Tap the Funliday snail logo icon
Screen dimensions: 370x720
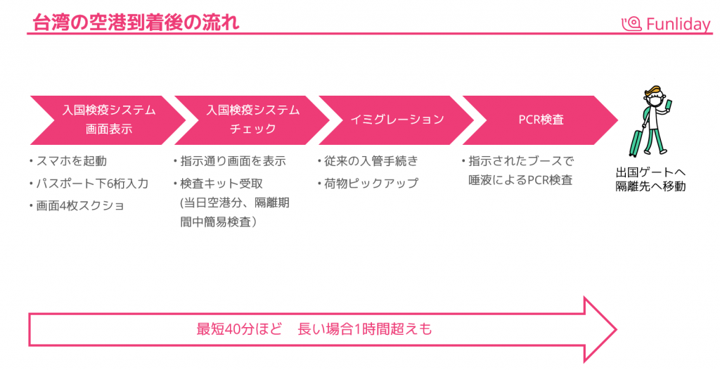point(632,24)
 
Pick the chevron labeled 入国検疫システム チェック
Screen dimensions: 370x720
point(252,120)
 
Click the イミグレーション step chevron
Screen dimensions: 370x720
point(397,120)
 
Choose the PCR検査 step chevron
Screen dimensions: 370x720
point(540,120)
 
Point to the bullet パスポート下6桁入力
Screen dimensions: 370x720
point(92,184)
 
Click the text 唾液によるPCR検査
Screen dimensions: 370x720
point(520,180)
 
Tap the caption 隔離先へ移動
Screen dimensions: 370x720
point(650,186)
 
